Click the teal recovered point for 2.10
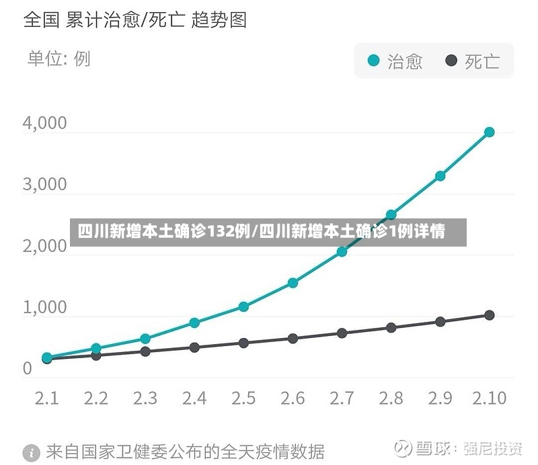(490, 132)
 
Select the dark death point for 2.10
(490, 315)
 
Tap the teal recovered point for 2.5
(243, 306)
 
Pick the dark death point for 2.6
(293, 339)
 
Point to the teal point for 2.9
(440, 176)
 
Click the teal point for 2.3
(145, 339)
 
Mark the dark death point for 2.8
(391, 328)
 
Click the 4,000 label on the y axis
(44, 123)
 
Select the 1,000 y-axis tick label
(44, 307)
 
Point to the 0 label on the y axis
(28, 369)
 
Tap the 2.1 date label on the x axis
(47, 398)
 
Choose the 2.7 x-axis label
(342, 398)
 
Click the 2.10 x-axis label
(490, 398)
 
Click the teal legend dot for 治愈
(373, 60)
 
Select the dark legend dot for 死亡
(451, 60)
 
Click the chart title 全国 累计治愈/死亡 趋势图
(135, 19)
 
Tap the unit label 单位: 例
(59, 58)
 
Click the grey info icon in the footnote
(32, 453)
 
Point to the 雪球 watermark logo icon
(403, 448)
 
